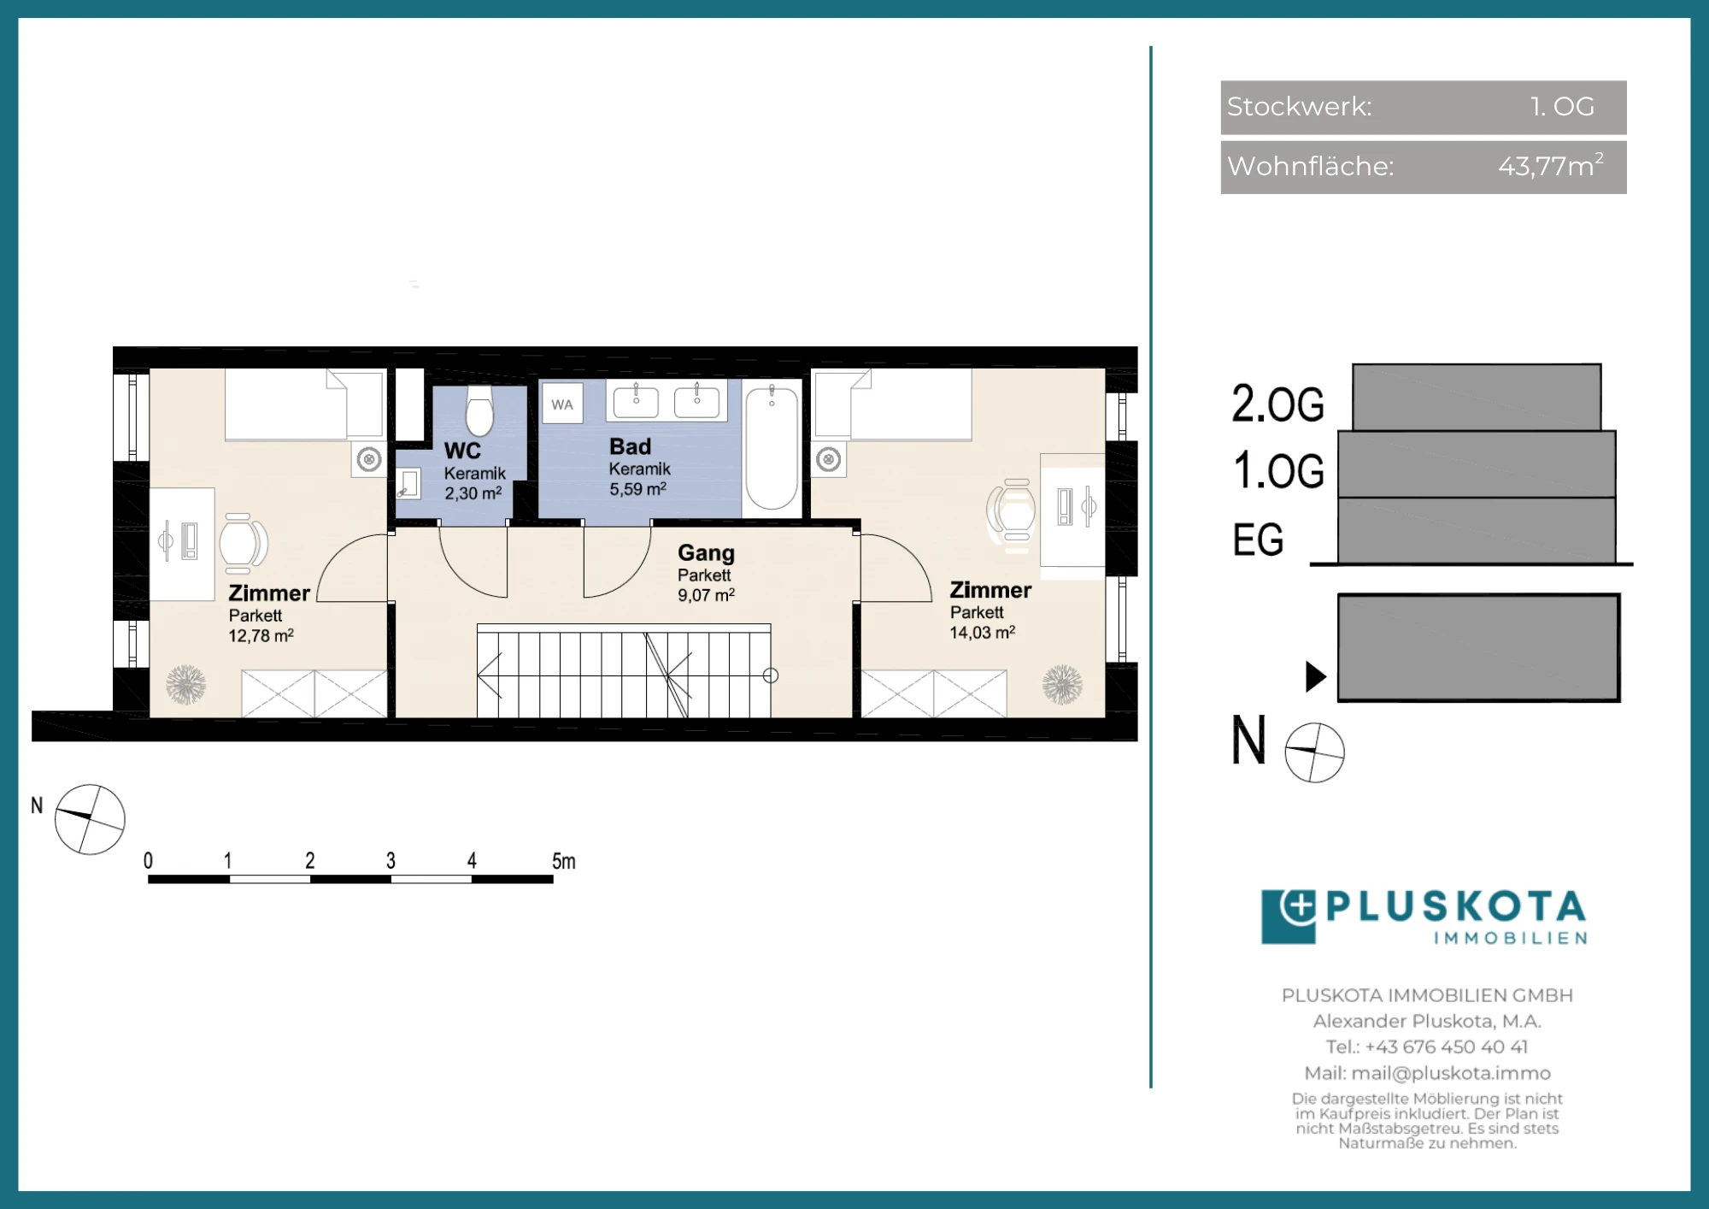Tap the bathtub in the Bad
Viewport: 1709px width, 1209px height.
point(772,448)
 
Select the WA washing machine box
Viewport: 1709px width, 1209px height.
point(562,404)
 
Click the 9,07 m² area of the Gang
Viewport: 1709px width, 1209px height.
point(707,595)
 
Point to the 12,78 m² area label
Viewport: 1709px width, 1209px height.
point(261,635)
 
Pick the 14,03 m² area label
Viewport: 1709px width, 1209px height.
point(983,632)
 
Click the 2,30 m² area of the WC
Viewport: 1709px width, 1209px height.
point(473,493)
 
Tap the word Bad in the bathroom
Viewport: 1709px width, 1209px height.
point(630,446)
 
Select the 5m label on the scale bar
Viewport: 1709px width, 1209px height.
point(563,861)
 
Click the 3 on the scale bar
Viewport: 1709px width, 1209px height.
point(391,861)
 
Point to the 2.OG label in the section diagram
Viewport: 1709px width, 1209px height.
point(1277,404)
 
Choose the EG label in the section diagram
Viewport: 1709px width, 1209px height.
point(1258,540)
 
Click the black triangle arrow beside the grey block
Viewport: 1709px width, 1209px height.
point(1316,676)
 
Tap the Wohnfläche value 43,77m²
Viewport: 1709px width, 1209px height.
point(1550,165)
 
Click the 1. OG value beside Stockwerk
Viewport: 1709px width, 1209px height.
point(1562,106)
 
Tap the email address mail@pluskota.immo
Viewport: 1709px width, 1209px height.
point(1451,1073)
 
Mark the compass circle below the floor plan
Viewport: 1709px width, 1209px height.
point(90,819)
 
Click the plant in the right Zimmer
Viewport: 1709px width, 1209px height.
point(1062,685)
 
